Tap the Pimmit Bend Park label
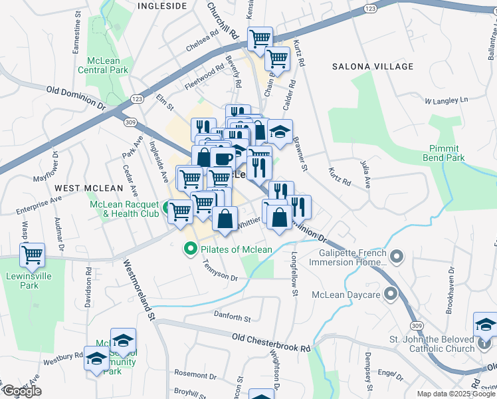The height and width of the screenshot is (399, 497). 444,153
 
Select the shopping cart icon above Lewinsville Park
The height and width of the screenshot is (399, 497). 32,255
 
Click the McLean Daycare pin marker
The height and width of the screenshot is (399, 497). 390,293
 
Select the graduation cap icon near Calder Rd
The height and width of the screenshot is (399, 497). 280,130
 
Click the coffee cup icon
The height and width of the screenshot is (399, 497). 223,160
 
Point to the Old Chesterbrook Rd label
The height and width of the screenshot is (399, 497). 271,343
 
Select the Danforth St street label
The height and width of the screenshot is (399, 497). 232,317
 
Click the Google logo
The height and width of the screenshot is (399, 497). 21,391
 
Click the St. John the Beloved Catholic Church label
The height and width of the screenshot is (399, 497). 432,343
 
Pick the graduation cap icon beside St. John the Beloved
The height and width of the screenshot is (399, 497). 486,325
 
